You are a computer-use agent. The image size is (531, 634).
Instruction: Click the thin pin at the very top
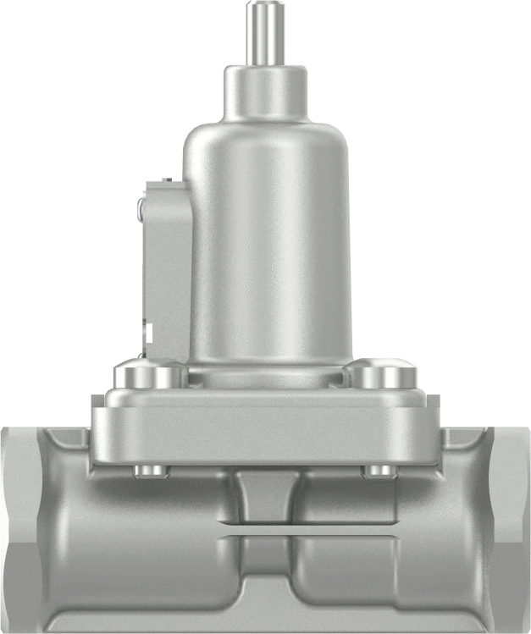coord(265,38)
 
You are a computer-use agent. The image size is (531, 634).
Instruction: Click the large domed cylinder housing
coord(268,237)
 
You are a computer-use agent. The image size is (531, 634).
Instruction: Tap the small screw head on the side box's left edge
coord(141,206)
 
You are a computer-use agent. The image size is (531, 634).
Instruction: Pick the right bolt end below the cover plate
coord(379,470)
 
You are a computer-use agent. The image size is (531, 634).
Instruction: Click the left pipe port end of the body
coord(21,525)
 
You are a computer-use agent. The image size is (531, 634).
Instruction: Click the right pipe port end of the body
coord(510,525)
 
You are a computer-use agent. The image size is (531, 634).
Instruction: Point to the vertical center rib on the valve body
coord(266,499)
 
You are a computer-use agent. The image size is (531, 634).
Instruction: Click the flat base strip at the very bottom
coord(266,622)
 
